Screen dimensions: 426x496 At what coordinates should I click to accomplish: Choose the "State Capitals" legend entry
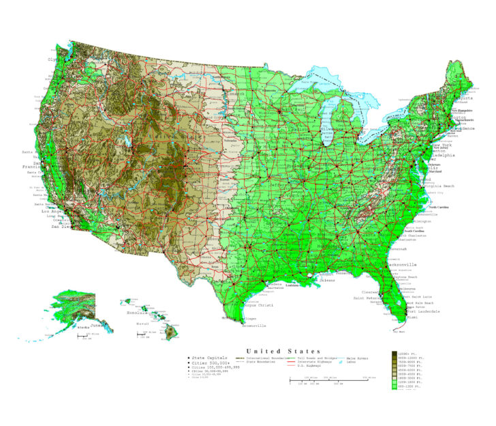pyautogui.click(x=211, y=358)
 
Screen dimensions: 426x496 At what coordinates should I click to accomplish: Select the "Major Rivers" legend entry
pyautogui.click(x=362, y=358)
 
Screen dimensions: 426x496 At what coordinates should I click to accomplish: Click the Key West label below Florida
pyautogui.click(x=399, y=332)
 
